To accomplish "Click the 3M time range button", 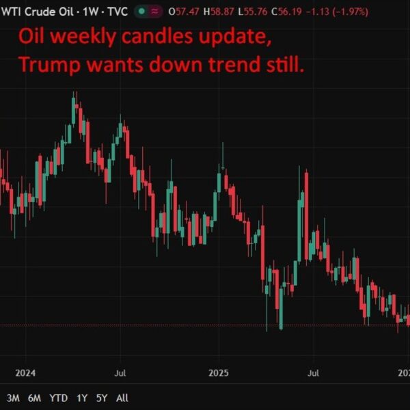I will [x=13, y=398].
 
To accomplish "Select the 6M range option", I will [x=34, y=398].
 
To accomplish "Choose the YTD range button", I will [x=59, y=398].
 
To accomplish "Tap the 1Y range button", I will [x=82, y=398].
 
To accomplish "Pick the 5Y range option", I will [x=102, y=398].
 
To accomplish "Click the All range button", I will [x=122, y=398].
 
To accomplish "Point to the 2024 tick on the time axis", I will [x=25, y=373].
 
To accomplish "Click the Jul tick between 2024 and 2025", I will [x=120, y=373].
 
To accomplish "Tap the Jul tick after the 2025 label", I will [x=314, y=373].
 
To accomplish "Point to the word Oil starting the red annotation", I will [x=33, y=37].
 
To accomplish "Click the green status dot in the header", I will [x=141, y=12].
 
